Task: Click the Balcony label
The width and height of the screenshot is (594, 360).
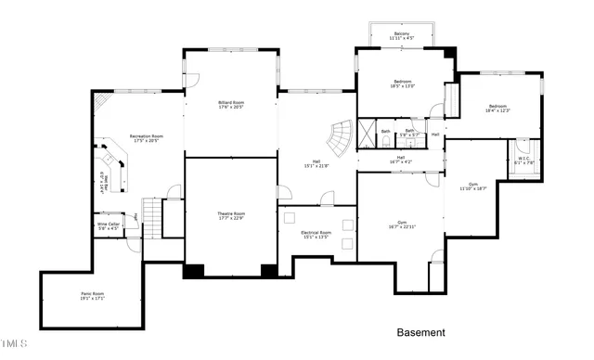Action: click(x=402, y=36)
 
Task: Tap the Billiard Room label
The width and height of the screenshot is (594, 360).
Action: click(x=231, y=105)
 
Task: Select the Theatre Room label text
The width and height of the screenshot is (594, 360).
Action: click(x=231, y=216)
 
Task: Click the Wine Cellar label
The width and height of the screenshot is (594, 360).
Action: click(x=108, y=225)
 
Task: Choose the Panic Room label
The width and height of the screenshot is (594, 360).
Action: click(x=91, y=296)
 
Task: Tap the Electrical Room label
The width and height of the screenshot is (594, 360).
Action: click(x=316, y=235)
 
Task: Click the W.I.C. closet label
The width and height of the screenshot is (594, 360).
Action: click(x=525, y=161)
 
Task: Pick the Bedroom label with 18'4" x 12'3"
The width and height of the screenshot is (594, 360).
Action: click(x=498, y=109)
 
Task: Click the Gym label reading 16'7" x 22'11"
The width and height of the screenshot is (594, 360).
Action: click(x=402, y=225)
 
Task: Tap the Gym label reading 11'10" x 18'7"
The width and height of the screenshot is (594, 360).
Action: click(x=473, y=186)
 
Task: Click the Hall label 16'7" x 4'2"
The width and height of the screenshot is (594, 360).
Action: click(x=401, y=160)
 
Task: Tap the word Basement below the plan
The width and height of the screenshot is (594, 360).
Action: click(x=420, y=332)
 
